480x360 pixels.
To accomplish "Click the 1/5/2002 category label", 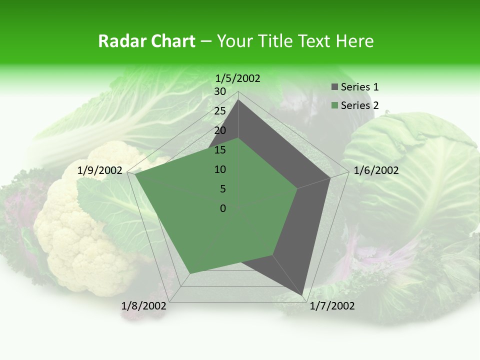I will (237, 78).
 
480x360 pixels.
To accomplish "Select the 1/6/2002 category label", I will (376, 170).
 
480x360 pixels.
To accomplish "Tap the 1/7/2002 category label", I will (332, 306).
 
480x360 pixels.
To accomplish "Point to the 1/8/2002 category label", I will (144, 306).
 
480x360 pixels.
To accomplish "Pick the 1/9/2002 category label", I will (100, 170).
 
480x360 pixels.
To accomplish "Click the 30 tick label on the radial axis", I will (220, 91).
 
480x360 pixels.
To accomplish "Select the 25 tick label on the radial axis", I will (220, 111).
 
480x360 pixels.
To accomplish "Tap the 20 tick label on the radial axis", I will (220, 130).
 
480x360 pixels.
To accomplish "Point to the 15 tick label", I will (220, 150).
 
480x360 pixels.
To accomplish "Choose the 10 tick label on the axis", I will (220, 169).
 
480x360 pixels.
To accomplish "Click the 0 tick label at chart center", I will (223, 208).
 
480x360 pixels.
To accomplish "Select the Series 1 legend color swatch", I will (334, 87).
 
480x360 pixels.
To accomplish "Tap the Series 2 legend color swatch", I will (334, 105).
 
